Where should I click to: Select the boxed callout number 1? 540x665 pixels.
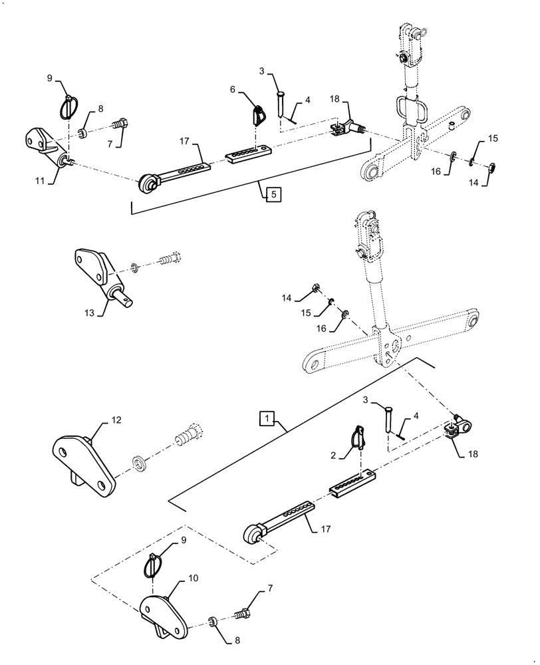point(266,418)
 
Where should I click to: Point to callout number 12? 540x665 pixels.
point(116,420)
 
